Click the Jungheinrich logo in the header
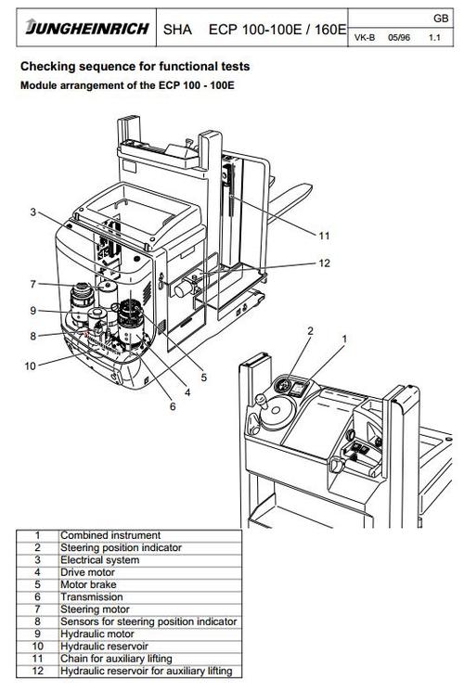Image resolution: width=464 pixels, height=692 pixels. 87,27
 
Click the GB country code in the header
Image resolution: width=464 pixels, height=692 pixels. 441,19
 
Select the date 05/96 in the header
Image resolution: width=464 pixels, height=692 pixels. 399,37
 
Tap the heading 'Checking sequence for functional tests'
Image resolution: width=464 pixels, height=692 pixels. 135,67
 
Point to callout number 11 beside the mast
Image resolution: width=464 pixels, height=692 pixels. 324,237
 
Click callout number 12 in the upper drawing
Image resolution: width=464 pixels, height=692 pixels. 324,263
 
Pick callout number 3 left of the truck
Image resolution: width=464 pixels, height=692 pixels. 33,212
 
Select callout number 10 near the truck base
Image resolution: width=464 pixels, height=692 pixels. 30,365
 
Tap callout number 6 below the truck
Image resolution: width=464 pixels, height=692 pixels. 173,406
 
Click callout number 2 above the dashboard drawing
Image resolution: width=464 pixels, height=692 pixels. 310,331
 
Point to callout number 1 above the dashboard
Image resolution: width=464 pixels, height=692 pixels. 344,339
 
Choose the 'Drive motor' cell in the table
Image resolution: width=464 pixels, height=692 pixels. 87,572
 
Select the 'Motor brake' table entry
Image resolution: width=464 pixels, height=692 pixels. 88,584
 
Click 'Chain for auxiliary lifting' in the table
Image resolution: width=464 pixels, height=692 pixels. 116,659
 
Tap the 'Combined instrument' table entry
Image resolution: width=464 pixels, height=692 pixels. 110,535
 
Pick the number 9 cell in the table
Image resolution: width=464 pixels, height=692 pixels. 37,634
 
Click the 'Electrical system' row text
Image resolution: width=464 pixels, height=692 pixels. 100,560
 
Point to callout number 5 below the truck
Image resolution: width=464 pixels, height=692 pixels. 203,378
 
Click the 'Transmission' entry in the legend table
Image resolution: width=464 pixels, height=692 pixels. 91,597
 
